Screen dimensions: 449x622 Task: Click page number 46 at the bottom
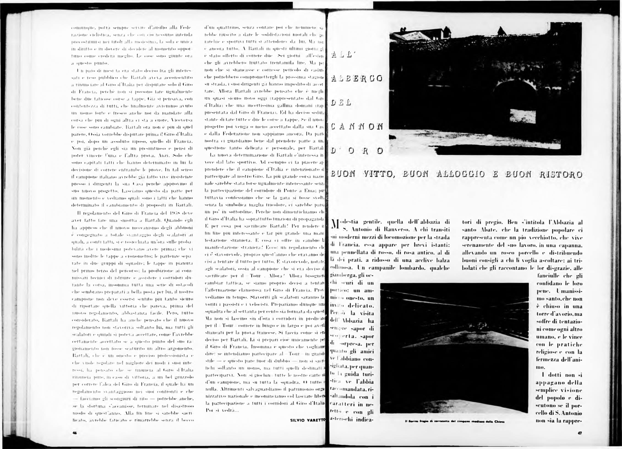(x=74, y=433)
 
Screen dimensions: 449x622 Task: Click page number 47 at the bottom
(x=580, y=433)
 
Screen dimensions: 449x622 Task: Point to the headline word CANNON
(x=357, y=127)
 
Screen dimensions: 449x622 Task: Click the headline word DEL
(x=341, y=103)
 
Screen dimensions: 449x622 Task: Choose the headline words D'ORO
(x=357, y=151)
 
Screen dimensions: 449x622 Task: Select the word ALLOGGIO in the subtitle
(x=461, y=174)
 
